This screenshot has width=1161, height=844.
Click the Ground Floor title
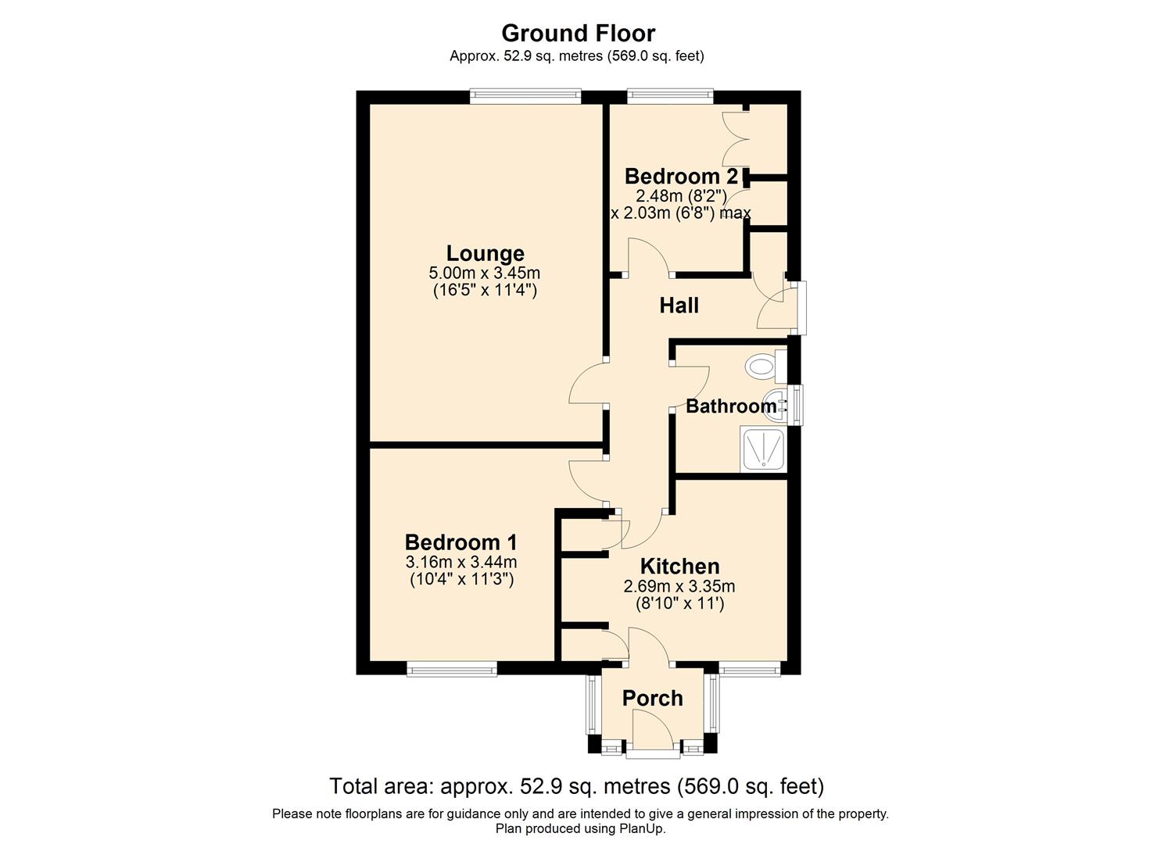(x=578, y=34)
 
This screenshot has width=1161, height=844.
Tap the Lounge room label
(x=486, y=253)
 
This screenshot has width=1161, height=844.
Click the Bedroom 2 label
(x=681, y=177)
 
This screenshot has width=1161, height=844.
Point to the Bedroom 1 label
(x=460, y=542)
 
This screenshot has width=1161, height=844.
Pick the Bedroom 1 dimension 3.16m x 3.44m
(x=460, y=562)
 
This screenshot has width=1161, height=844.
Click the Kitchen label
(x=679, y=567)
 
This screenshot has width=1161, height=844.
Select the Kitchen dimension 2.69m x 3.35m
(x=679, y=586)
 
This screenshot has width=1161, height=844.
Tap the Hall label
(x=679, y=306)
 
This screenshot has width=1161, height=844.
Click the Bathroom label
(x=731, y=406)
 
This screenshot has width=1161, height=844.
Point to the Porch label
(x=653, y=699)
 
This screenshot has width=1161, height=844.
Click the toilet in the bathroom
(x=766, y=367)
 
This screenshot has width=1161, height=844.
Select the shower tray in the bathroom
(x=764, y=449)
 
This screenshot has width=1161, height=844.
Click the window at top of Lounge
(x=525, y=96)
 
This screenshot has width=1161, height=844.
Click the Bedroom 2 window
(x=670, y=96)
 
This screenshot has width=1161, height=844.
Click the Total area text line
(x=577, y=786)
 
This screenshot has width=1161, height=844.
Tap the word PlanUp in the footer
(x=641, y=828)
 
